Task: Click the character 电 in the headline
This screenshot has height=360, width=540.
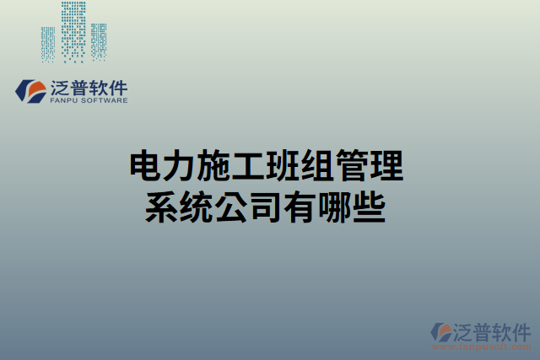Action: (144, 167)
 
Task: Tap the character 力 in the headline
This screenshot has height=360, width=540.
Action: (179, 167)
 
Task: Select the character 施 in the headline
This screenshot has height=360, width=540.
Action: (213, 167)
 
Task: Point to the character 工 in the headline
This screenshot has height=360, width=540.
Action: (248, 167)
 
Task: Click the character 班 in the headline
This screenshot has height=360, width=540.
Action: (283, 167)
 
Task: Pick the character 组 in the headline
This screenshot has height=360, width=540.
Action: (317, 167)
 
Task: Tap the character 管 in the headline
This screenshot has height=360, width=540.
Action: (352, 167)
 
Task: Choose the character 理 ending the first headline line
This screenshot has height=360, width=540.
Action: (386, 167)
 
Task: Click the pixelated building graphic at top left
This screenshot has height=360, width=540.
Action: (74, 32)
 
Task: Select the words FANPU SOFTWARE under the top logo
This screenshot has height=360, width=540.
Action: (89, 100)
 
